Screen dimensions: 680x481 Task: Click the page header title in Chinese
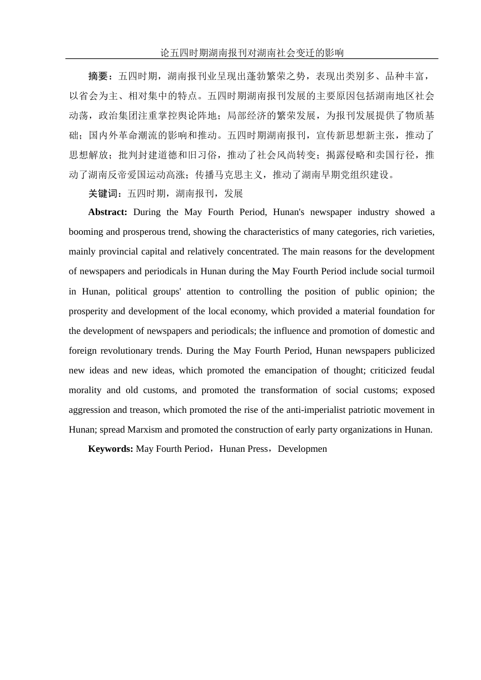point(252,53)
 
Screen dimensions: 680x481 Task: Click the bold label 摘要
point(98,76)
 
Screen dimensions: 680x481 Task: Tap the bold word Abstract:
point(107,212)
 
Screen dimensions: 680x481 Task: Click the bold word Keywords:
point(110,449)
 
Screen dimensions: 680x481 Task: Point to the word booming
point(86,232)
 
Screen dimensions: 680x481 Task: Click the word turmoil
point(420,271)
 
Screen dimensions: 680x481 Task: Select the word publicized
point(414,351)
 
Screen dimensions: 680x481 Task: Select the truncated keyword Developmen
point(302,449)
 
